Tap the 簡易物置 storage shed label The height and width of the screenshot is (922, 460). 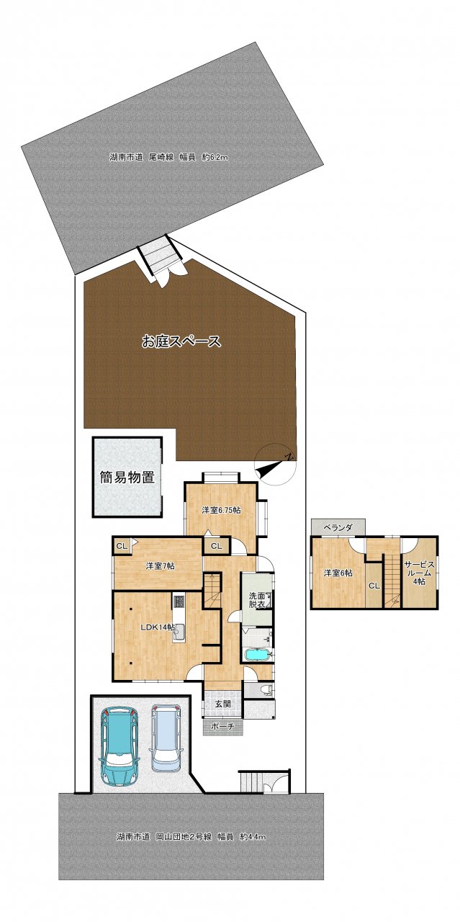[x=127, y=478]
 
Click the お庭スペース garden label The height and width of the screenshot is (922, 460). [x=181, y=341]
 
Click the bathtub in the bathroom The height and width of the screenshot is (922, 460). [x=258, y=655]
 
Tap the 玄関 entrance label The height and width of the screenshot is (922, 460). [x=223, y=704]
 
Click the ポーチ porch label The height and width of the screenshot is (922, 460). [x=222, y=727]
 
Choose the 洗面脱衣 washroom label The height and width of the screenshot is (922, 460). [x=257, y=600]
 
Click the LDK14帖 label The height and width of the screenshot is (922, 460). [x=157, y=627]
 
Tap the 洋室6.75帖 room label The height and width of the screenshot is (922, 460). [x=221, y=511]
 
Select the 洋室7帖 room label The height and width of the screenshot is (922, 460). [x=160, y=566]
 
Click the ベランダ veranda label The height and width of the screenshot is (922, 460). [x=338, y=528]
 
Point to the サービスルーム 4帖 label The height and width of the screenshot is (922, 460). [x=418, y=572]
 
